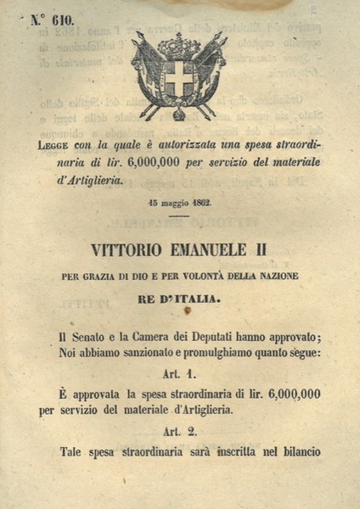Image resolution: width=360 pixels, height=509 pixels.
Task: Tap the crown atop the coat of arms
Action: click(179, 44)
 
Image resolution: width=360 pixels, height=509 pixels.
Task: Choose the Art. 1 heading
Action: click(178, 374)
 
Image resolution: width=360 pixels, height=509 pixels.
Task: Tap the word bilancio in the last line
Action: click(295, 451)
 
